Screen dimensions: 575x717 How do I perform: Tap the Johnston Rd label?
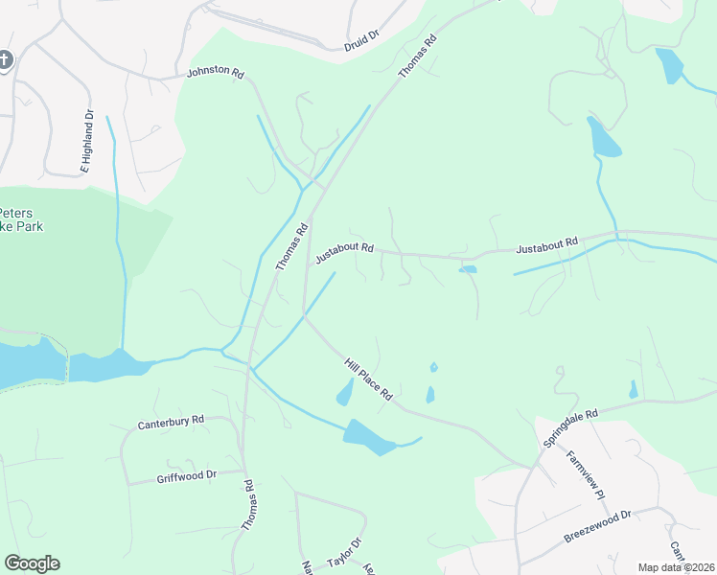coord(216,72)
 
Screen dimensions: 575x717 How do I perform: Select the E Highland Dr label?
coord(86,141)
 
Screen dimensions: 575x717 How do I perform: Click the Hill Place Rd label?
coord(369,379)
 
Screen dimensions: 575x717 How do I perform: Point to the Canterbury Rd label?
coord(172,421)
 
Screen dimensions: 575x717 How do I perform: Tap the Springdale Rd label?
coord(571,428)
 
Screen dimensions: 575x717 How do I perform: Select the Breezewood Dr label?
coord(598,526)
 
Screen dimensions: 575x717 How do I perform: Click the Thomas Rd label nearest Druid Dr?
coord(417,57)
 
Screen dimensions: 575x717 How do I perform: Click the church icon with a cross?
coord(5,61)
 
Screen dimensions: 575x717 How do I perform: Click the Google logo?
coord(32,563)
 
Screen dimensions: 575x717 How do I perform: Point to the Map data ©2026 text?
coord(676,567)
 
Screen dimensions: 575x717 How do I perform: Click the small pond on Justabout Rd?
coord(468,269)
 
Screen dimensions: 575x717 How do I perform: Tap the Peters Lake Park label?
coord(21,219)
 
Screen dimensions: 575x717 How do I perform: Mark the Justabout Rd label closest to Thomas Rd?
coord(344,252)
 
